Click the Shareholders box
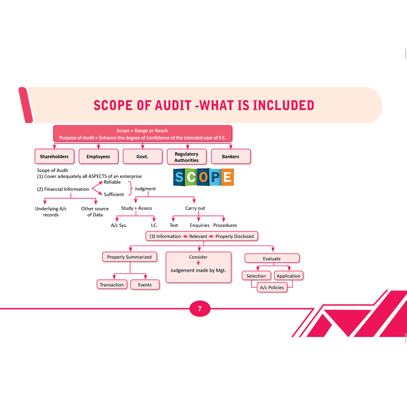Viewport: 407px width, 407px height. click(54, 157)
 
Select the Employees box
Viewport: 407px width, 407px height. click(98, 157)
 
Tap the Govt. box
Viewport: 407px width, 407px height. click(142, 157)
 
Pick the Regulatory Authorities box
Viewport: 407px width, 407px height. click(186, 157)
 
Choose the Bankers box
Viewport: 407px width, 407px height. click(231, 157)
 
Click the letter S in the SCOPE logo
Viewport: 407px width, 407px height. click(179, 177)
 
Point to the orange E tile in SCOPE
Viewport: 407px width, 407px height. click(227, 177)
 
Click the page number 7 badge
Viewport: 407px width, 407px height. click(200, 309)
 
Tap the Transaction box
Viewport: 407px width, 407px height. click(112, 285)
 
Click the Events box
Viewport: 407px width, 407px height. click(145, 285)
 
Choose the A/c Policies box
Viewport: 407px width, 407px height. click(272, 287)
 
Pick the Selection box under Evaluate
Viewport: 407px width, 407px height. click(256, 276)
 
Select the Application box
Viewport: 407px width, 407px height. click(288, 276)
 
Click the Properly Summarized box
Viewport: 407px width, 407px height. click(129, 257)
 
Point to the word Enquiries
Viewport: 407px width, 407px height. click(200, 225)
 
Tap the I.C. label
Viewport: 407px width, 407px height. click(154, 225)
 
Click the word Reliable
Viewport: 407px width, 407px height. click(112, 182)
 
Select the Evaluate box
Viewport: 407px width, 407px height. click(271, 259)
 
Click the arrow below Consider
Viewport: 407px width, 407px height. click(198, 263)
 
